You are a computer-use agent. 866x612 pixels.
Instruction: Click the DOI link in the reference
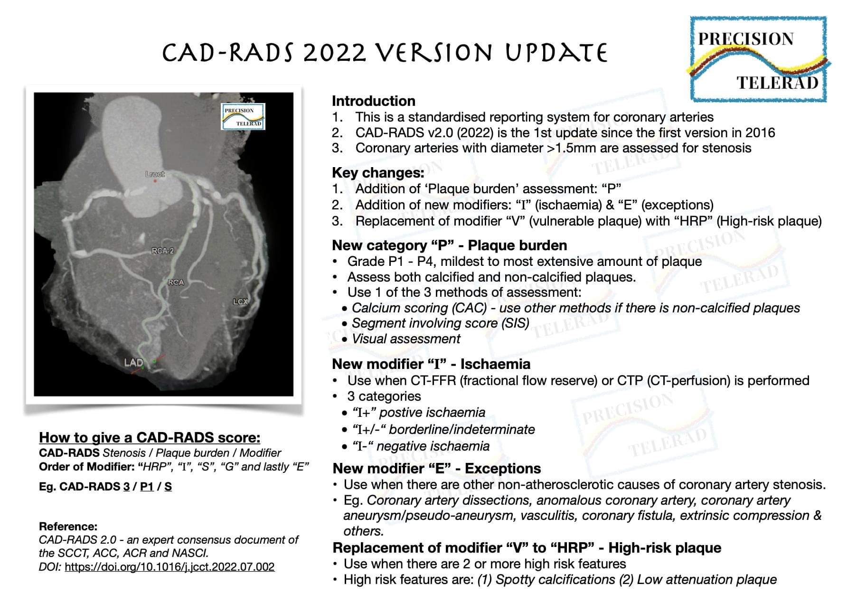pyautogui.click(x=169, y=567)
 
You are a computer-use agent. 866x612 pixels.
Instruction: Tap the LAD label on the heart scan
pyautogui.click(x=133, y=363)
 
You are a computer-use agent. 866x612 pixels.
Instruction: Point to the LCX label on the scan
pyautogui.click(x=240, y=301)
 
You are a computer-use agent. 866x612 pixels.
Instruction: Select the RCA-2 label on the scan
pyautogui.click(x=162, y=251)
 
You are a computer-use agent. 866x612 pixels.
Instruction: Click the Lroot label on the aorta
pyautogui.click(x=155, y=174)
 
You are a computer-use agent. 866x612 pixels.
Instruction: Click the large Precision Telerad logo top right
pyautogui.click(x=758, y=59)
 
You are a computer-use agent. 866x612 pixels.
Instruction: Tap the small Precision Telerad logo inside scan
pyautogui.click(x=243, y=117)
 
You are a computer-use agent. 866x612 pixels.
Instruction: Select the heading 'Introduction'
pyautogui.click(x=373, y=101)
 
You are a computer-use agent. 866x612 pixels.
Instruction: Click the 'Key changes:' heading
pyautogui.click(x=378, y=173)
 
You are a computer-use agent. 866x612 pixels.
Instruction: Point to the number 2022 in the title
pyautogui.click(x=335, y=53)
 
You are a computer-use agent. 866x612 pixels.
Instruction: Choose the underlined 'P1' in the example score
pyautogui.click(x=147, y=487)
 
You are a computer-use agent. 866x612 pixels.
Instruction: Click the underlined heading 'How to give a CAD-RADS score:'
pyautogui.click(x=150, y=437)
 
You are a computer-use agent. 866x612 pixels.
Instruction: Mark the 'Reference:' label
pyautogui.click(x=68, y=527)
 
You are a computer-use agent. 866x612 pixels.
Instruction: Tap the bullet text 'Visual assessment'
pyautogui.click(x=406, y=339)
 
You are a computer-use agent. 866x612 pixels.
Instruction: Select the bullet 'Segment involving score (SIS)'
pyautogui.click(x=440, y=323)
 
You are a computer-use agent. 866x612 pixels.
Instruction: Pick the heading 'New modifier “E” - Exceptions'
pyautogui.click(x=436, y=469)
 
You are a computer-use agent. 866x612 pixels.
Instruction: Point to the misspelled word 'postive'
pyautogui.click(x=402, y=413)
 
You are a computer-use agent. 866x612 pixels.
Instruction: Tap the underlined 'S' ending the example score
pyautogui.click(x=168, y=487)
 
